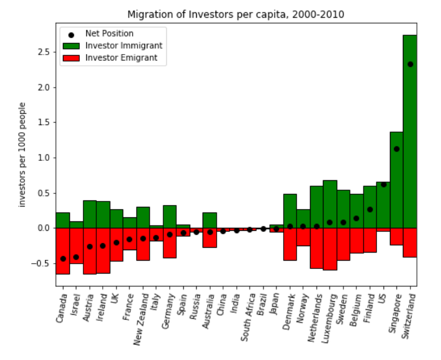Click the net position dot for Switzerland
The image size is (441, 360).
click(x=410, y=65)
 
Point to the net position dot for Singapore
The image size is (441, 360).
click(x=396, y=149)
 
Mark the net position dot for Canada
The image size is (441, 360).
click(x=63, y=258)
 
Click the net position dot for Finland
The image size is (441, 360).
click(x=370, y=209)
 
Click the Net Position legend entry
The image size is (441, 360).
click(x=109, y=34)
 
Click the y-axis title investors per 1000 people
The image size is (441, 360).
click(x=23, y=154)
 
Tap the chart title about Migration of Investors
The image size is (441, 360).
click(x=235, y=14)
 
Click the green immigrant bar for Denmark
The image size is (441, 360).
click(x=289, y=211)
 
